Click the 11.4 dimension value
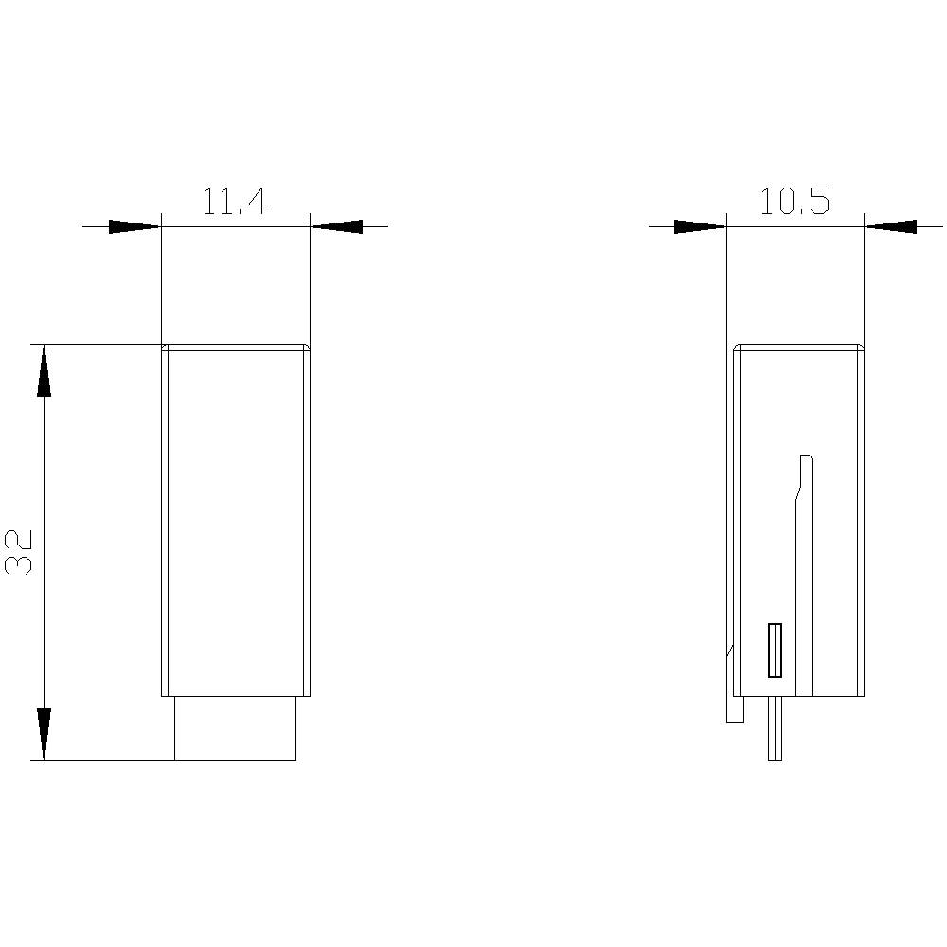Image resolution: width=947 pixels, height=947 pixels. [234, 202]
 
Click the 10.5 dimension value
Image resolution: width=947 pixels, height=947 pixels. [794, 202]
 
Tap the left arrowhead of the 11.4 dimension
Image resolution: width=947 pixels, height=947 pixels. [134, 226]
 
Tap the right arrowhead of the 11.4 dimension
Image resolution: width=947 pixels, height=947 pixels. [338, 226]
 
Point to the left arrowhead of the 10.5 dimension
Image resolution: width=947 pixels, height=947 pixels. [699, 226]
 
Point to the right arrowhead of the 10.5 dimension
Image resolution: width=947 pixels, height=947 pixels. [891, 226]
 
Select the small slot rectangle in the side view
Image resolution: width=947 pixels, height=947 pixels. [775, 651]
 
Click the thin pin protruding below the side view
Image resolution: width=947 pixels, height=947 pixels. [775, 729]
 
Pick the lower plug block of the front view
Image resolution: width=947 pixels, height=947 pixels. [235, 728]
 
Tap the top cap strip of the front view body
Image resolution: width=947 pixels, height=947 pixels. [235, 347]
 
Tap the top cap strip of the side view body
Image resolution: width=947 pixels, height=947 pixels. [798, 347]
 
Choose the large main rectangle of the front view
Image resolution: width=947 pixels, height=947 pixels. [235, 521]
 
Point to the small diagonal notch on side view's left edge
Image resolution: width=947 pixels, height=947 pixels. [730, 651]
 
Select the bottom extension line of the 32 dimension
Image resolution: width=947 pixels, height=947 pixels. [104, 760]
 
